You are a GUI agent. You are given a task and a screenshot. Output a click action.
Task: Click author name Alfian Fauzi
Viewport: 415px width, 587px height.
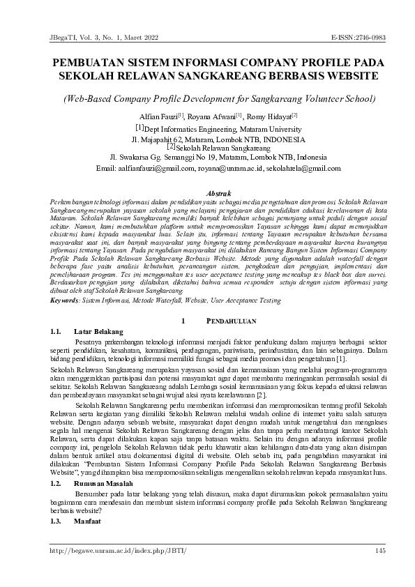[x=158, y=116]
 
